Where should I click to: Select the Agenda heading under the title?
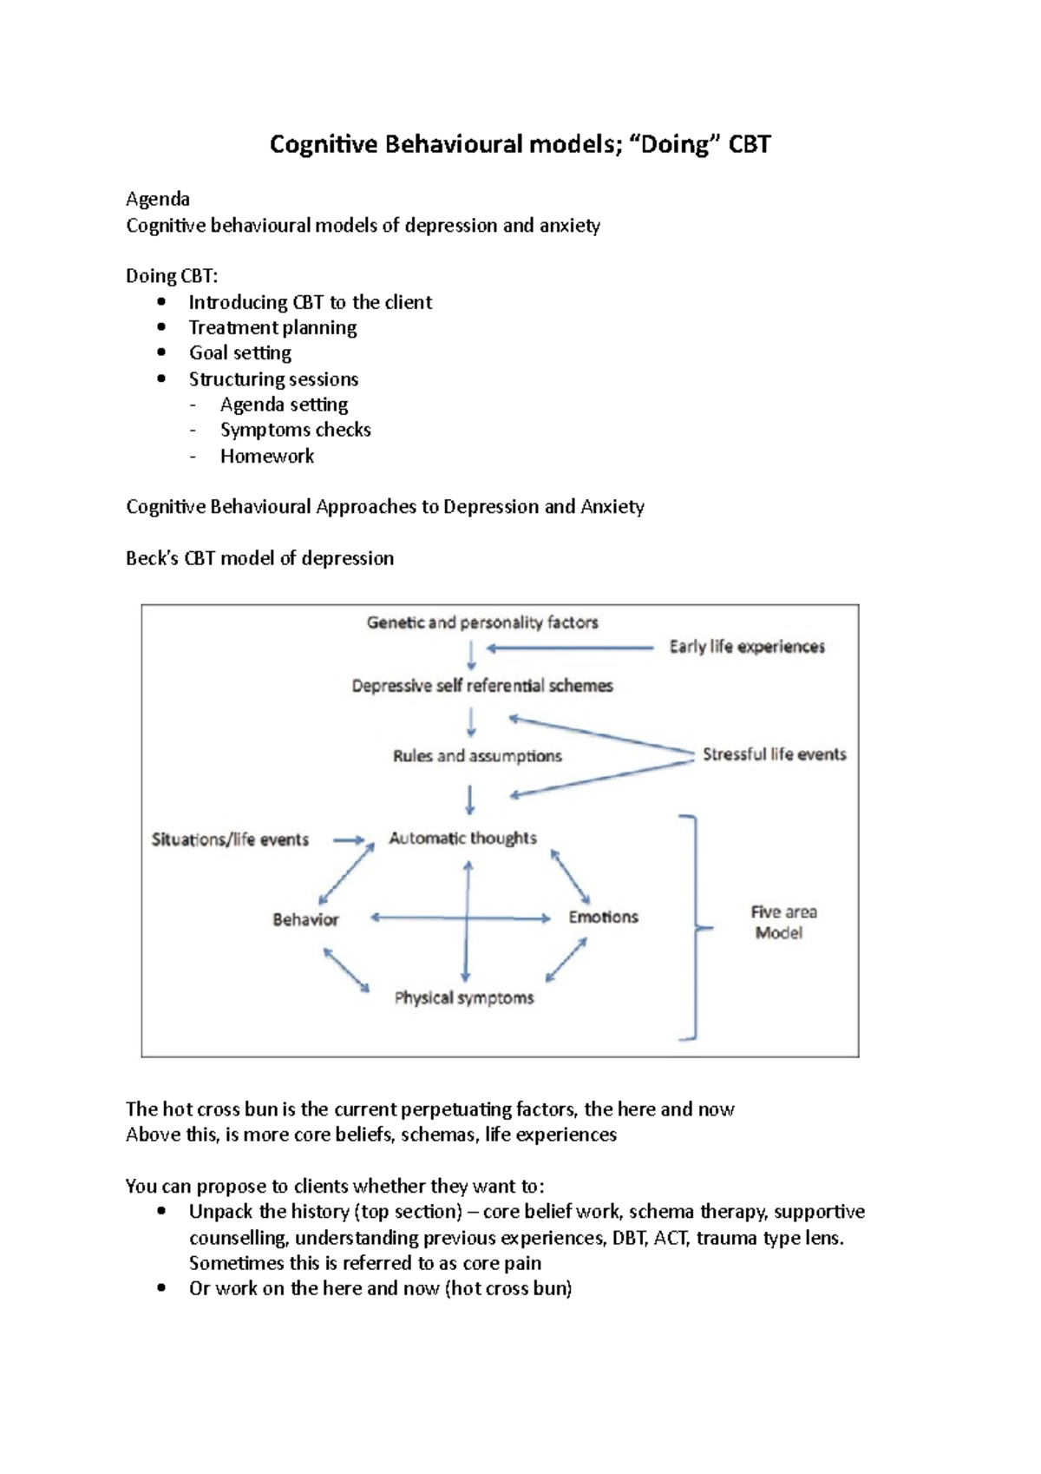158,200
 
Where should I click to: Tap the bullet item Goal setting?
240,353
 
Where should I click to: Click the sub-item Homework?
267,457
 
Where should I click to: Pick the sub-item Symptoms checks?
296,431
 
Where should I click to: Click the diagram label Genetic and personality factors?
482,622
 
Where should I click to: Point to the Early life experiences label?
747,647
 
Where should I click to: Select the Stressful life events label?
774,754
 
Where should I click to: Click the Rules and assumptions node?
477,756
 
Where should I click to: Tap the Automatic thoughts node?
462,839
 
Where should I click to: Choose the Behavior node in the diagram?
305,919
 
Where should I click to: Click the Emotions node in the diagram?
603,917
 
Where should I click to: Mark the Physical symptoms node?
464,998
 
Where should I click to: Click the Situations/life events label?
230,839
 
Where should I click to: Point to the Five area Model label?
783,922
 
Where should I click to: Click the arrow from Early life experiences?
570,648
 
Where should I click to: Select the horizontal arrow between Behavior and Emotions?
416,918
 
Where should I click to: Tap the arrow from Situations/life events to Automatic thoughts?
349,840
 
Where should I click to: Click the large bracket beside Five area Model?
694,927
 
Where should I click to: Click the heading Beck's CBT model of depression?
259,558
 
